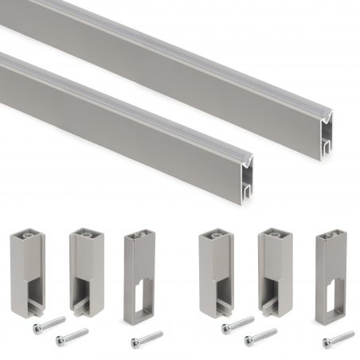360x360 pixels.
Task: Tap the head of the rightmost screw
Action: click(327, 343)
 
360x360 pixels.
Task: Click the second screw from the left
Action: click(72, 335)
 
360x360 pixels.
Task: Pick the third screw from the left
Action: click(147, 338)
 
